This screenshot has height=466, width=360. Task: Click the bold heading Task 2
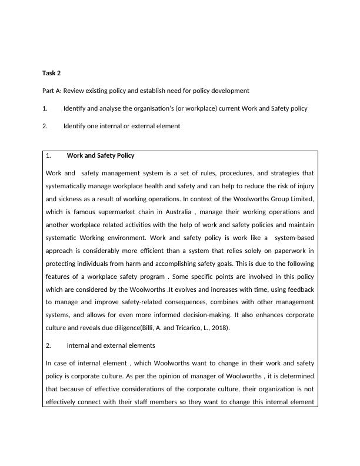51,73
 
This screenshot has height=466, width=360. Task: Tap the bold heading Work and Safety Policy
101,156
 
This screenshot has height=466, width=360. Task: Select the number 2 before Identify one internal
45,126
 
